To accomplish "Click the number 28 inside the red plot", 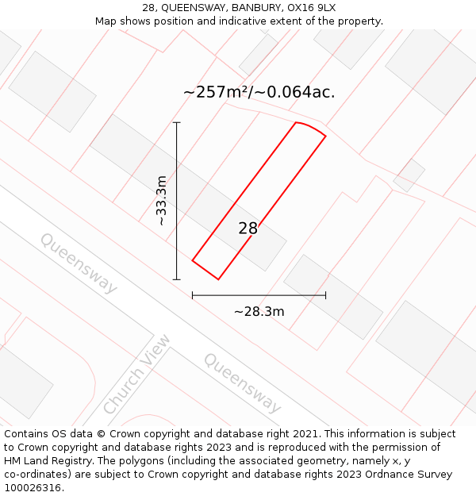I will pos(248,229).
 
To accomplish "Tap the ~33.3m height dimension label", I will pos(162,201).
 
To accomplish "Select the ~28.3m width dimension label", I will pos(259,311).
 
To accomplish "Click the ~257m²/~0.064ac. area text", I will pos(259,92).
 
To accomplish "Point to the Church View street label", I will pos(136,374).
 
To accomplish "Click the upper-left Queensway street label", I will pos(79,263).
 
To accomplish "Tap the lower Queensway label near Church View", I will pos(242,383).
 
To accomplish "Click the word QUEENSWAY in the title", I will pos(194,7).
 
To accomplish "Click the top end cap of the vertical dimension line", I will pos(177,123).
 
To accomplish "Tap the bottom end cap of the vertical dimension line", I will pos(177,279).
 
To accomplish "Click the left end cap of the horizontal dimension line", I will pos(193,295).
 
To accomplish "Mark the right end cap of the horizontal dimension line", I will pos(325,295).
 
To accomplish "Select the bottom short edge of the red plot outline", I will pos(205,270).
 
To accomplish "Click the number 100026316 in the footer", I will pos(33,487).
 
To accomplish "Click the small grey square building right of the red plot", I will pos(409,175).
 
